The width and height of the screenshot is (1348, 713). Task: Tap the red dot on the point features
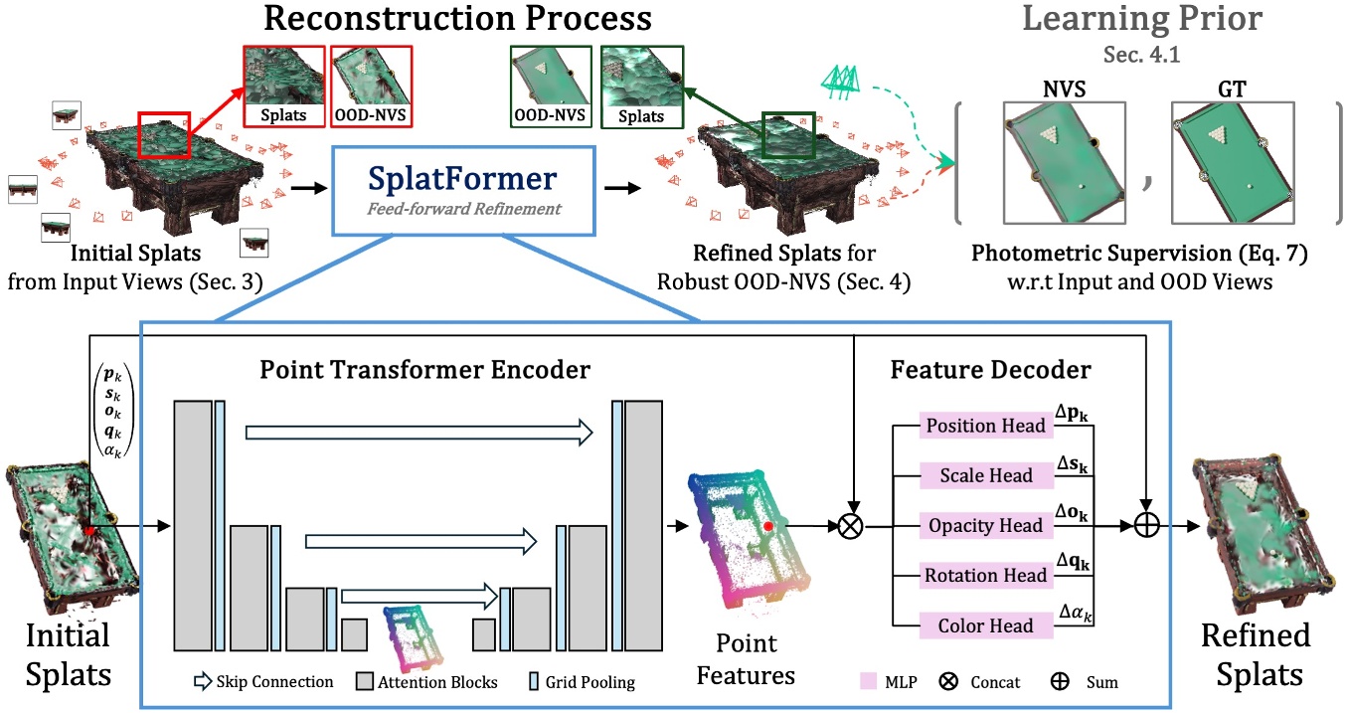(x=768, y=525)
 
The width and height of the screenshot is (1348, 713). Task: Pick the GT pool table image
(x=1233, y=162)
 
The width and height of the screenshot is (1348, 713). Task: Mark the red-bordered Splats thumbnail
(x=283, y=88)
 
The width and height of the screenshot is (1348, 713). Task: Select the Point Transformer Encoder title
(x=424, y=370)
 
